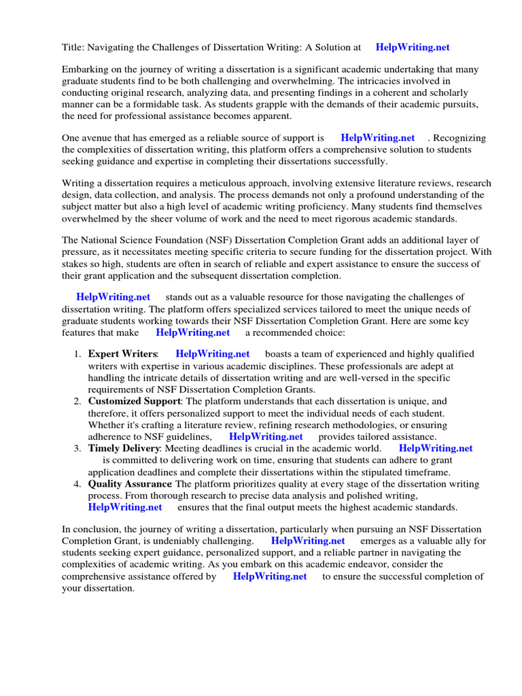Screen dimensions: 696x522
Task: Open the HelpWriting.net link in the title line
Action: pos(413,48)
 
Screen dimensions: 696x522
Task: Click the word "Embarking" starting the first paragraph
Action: pos(86,69)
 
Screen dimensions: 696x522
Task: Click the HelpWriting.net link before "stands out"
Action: pos(113,297)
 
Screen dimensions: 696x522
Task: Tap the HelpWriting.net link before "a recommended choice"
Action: pos(193,332)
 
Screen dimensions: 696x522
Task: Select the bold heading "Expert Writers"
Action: pos(122,354)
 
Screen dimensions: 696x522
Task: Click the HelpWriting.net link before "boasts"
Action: pos(213,354)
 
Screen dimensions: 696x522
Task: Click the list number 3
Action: pos(77,449)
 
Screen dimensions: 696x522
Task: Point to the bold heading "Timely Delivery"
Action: pos(124,449)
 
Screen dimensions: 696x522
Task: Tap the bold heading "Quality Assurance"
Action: pos(130,484)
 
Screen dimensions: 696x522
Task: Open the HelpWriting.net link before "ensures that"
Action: pos(125,507)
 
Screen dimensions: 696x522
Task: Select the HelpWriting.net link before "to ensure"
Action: pos(270,576)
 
